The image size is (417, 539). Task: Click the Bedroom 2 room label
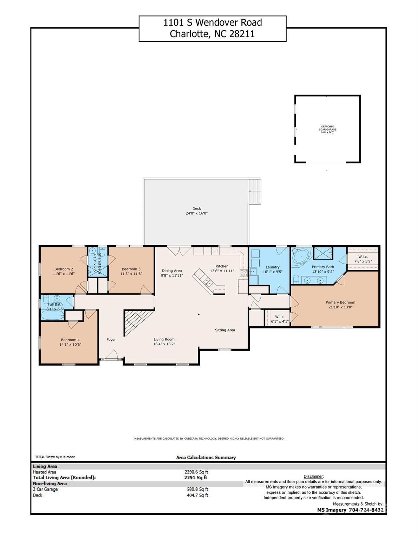pyautogui.click(x=64, y=269)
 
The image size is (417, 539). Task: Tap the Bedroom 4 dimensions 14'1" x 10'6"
pyautogui.click(x=70, y=345)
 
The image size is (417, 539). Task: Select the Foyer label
pyautogui.click(x=111, y=340)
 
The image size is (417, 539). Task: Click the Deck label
pyautogui.click(x=196, y=208)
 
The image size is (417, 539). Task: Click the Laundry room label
pyautogui.click(x=272, y=267)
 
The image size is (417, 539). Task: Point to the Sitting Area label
pyautogui.click(x=225, y=330)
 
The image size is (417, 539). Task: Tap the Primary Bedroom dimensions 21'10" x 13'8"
pyautogui.click(x=340, y=307)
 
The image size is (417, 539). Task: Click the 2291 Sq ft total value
pyautogui.click(x=196, y=478)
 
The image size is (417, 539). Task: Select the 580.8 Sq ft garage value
pyautogui.click(x=197, y=489)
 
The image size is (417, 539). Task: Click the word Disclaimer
pyautogui.click(x=313, y=476)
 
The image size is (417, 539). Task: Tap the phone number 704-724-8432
pyautogui.click(x=366, y=510)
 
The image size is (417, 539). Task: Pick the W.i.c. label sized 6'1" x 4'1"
pyautogui.click(x=279, y=319)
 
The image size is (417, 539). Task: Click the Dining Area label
pyautogui.click(x=172, y=271)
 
